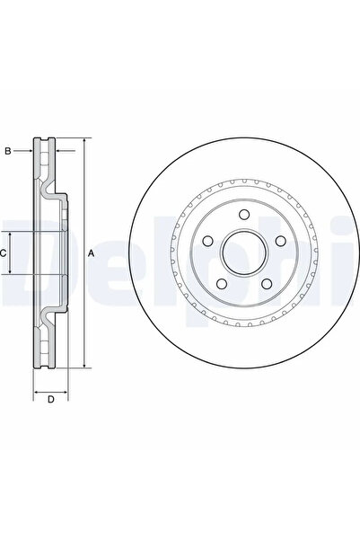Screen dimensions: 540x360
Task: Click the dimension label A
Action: coord(92,253)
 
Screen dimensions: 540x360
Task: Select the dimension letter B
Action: coord(8,151)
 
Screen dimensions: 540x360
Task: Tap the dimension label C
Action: coord(4,253)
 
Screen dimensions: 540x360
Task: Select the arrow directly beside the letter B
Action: coord(28,151)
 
